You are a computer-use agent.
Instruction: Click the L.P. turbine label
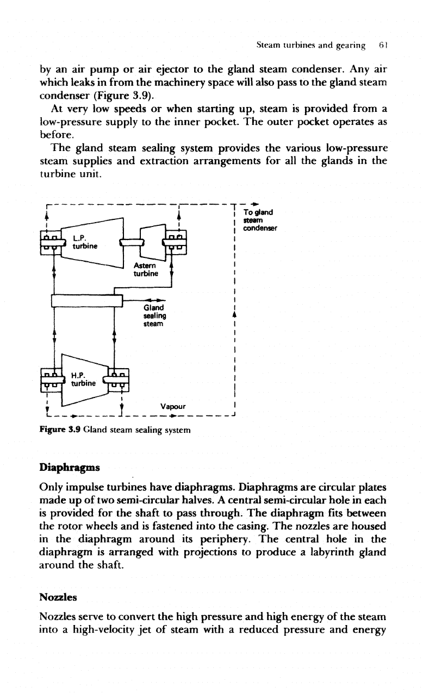point(85,242)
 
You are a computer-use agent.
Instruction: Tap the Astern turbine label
point(146,269)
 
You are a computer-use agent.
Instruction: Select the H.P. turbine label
point(83,380)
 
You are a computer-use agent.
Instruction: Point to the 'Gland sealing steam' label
point(154,316)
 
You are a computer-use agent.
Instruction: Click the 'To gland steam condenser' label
point(260,220)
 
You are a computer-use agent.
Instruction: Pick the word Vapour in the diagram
point(173,406)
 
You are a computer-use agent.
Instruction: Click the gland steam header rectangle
point(87,301)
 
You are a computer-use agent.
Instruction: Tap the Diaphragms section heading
point(70,467)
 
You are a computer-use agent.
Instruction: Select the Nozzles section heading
point(58,597)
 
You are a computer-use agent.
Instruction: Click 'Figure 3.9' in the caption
point(60,430)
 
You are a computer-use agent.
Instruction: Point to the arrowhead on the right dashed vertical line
point(234,315)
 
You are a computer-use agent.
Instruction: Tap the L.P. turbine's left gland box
point(52,243)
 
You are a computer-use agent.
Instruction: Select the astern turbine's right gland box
point(176,242)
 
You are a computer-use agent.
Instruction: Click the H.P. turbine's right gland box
point(118,380)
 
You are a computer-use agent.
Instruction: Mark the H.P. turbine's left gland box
point(51,380)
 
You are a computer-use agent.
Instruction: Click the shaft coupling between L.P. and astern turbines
point(132,242)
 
